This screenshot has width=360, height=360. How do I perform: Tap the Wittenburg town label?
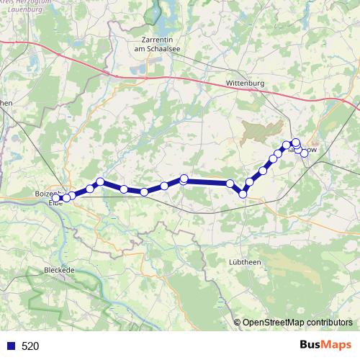click(x=246, y=84)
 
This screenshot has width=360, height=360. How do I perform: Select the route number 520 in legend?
click(x=30, y=346)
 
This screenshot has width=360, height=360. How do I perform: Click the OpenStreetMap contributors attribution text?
click(x=297, y=322)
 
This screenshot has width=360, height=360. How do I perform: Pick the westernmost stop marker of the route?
click(x=57, y=198)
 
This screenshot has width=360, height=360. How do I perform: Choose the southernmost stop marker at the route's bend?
click(x=243, y=194)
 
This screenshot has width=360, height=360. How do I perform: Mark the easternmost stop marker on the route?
click(x=305, y=152)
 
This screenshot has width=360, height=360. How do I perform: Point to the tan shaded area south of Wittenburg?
click(x=258, y=132)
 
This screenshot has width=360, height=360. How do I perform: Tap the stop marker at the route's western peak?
click(x=100, y=181)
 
